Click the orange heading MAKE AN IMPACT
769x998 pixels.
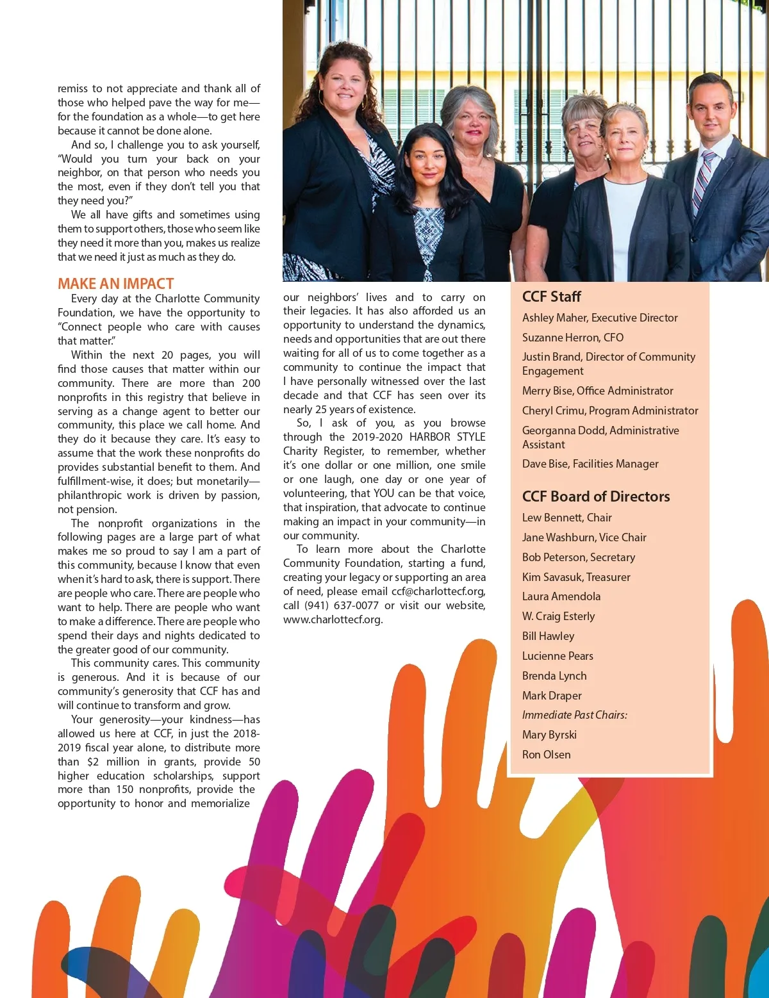[x=116, y=284]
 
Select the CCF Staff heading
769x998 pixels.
[x=551, y=297]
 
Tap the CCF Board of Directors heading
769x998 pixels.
[x=596, y=496]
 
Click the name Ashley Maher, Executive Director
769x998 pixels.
[x=600, y=318]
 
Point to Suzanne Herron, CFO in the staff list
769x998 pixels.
[x=572, y=338]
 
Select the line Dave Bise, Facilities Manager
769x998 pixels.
[x=590, y=464]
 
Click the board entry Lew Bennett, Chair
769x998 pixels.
[x=566, y=518]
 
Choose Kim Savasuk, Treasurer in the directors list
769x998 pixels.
[x=576, y=577]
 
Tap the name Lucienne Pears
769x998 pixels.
[x=558, y=656]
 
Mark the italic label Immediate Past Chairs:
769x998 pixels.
[x=574, y=715]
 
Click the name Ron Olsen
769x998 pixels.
[x=546, y=755]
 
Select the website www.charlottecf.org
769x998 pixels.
[x=333, y=619]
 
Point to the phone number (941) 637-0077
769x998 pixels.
[x=341, y=605]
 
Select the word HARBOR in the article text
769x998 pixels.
[x=430, y=437]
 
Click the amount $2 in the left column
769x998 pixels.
[x=93, y=762]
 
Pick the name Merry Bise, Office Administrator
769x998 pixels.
[x=597, y=391]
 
